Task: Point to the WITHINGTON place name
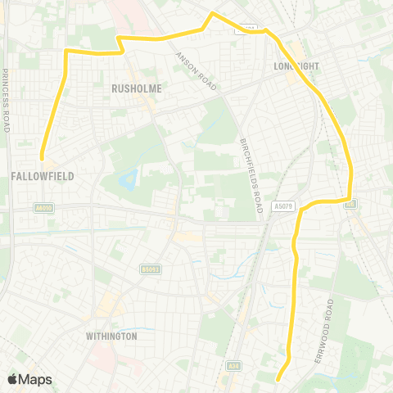[111, 336]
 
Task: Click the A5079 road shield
[283, 207]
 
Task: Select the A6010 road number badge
[44, 209]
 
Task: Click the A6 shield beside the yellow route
[350, 203]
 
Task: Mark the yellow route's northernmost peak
[213, 13]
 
